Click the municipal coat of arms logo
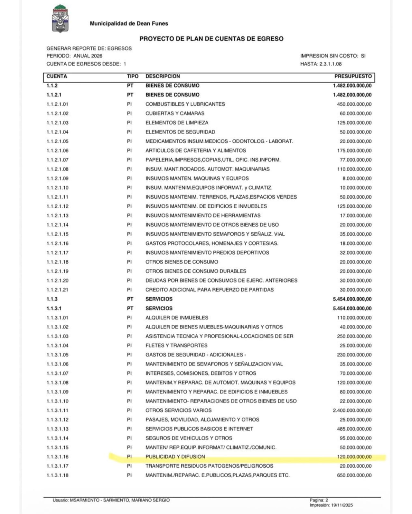tap(60, 19)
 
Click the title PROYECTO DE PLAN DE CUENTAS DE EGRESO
tap(211, 39)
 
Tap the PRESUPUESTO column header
tap(353, 77)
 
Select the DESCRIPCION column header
tap(163, 77)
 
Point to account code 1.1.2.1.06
tap(57, 150)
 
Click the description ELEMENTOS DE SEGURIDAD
tap(180, 132)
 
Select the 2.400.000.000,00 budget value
tap(352, 410)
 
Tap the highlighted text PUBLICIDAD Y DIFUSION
tap(175, 457)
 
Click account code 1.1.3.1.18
tap(57, 475)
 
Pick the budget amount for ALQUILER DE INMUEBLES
tap(354, 318)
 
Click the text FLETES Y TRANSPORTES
tap(176, 346)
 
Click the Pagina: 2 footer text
tap(319, 500)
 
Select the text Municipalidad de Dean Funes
tap(129, 23)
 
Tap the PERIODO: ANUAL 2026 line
tap(74, 56)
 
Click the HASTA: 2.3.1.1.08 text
tap(321, 64)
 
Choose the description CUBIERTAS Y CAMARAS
tap(175, 113)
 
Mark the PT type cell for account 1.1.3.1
tap(130, 308)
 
